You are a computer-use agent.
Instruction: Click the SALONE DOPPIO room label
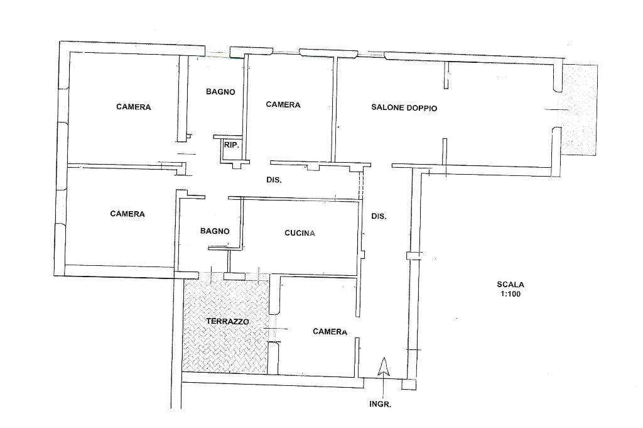(x=404, y=108)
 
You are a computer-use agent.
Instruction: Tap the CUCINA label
(x=300, y=233)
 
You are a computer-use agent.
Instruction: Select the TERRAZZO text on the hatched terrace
(x=227, y=321)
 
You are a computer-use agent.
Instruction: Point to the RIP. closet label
(x=231, y=145)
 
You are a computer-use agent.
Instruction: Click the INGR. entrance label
(x=380, y=405)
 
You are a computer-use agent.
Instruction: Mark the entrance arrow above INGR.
(x=382, y=367)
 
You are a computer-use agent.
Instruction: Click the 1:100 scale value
(x=510, y=294)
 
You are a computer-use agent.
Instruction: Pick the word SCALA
(x=510, y=284)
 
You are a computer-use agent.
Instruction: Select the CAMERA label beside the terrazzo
(x=330, y=332)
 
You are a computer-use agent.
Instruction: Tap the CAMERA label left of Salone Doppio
(x=283, y=105)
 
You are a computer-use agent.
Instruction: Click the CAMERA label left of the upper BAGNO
(x=134, y=107)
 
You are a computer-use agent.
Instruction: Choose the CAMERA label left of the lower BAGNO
(x=127, y=214)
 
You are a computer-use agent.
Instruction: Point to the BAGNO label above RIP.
(x=220, y=92)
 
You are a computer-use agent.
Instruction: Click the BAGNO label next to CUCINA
(x=215, y=231)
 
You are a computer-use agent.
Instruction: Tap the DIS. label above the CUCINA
(x=274, y=180)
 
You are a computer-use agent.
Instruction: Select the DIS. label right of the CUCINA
(x=379, y=216)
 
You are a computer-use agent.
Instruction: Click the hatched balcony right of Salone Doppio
(x=578, y=110)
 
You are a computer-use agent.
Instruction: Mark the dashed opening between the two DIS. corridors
(x=361, y=186)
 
